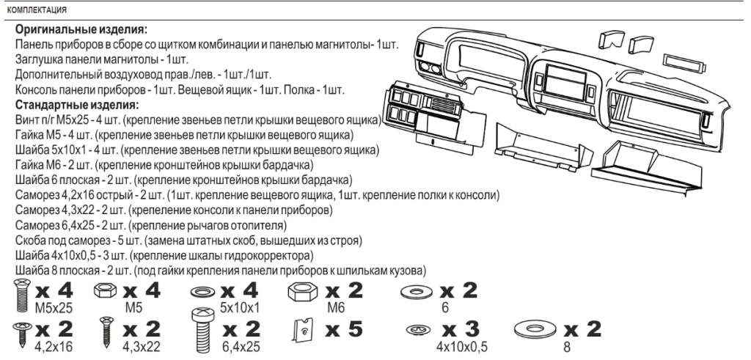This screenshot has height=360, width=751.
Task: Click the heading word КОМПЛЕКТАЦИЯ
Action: tap(37, 10)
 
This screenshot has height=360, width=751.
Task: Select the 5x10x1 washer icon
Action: tap(204, 292)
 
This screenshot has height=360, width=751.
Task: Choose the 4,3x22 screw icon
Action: tap(106, 331)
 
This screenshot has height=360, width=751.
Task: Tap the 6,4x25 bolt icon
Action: tap(202, 331)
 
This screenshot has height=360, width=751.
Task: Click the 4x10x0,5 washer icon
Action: tap(418, 329)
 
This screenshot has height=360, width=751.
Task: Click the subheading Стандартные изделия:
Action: tap(76, 104)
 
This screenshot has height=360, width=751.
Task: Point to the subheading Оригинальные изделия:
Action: tap(81, 29)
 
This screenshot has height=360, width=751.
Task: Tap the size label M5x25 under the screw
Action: tap(54, 307)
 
